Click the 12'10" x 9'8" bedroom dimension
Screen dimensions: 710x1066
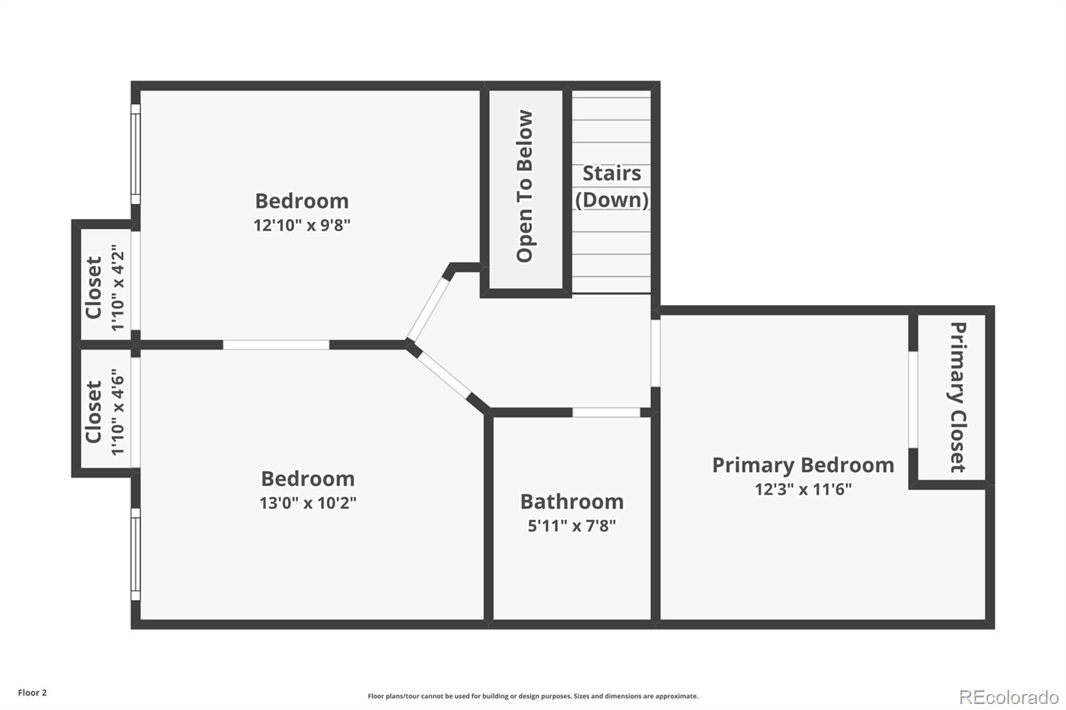click(302, 225)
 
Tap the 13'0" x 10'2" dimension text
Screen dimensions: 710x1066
click(308, 503)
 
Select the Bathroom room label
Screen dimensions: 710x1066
click(572, 502)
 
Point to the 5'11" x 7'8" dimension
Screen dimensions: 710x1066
click(572, 526)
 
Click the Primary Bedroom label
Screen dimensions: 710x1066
click(803, 465)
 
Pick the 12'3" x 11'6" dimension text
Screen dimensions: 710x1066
click(803, 490)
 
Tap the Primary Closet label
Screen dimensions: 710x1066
click(957, 397)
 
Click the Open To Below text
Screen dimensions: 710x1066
click(525, 186)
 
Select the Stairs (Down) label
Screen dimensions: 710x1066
click(612, 186)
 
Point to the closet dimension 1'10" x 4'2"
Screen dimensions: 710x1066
click(118, 288)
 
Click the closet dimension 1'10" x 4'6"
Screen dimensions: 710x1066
click(118, 412)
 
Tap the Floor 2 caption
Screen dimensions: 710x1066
click(32, 693)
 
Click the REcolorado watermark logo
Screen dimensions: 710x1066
click(1009, 697)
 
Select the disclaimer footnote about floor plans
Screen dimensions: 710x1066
click(533, 696)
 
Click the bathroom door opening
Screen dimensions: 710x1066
click(606, 413)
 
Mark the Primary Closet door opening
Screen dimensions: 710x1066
click(913, 400)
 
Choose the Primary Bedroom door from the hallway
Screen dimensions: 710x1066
click(656, 353)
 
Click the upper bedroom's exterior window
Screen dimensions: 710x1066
click(135, 155)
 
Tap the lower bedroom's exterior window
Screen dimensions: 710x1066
click(135, 554)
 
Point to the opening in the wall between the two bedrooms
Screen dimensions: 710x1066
click(276, 344)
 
